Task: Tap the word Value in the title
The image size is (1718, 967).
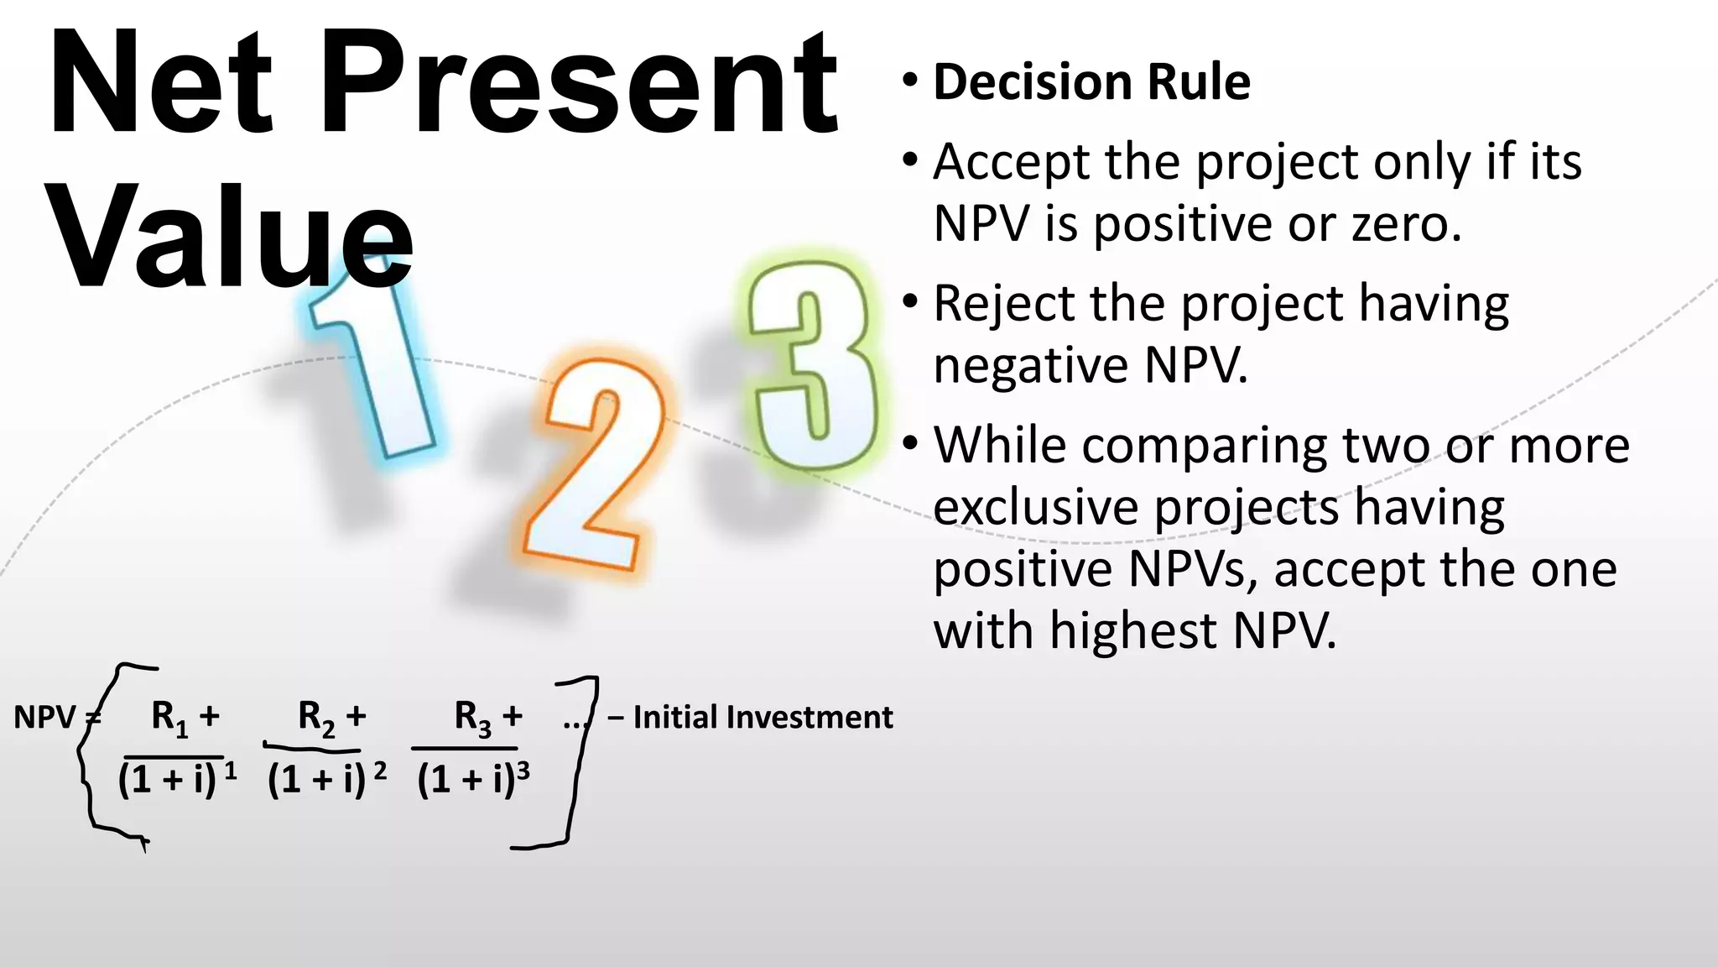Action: (x=231, y=235)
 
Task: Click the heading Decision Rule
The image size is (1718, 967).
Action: (x=1091, y=82)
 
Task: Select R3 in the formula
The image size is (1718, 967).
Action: (x=473, y=719)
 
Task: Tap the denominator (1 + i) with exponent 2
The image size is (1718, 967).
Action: (x=317, y=780)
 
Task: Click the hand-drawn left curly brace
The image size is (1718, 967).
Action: (x=92, y=755)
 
